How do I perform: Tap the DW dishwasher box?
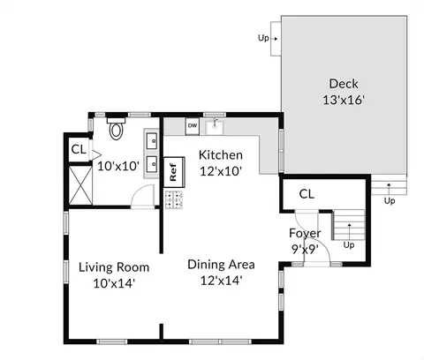pos(193,126)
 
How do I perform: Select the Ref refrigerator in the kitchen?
pos(174,172)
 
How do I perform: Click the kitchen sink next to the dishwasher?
pos(215,126)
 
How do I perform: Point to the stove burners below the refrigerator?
pos(174,199)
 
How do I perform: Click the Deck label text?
pos(344,84)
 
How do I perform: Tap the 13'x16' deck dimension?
pos(344,100)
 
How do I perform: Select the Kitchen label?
pos(221,155)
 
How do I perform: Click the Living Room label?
pos(114,267)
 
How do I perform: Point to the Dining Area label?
pos(221,265)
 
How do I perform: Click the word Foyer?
pos(305,233)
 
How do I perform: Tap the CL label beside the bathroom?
pos(79,149)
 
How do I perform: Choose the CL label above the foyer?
pos(307,194)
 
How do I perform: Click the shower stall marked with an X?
pos(80,185)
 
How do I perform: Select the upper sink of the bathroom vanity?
pos(152,140)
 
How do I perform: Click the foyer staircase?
pos(349,225)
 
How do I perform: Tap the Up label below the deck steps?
pos(390,201)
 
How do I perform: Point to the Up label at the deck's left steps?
pos(263,38)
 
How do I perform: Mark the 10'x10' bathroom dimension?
pos(118,167)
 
